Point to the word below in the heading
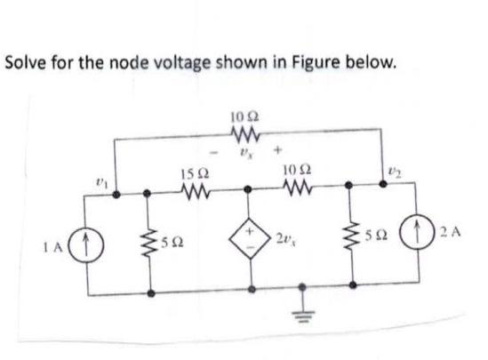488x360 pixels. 365,64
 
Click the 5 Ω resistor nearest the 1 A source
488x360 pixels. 150,239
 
